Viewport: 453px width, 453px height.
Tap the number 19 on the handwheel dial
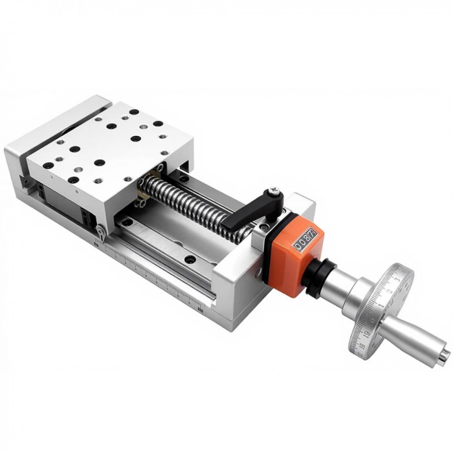[x=367, y=335]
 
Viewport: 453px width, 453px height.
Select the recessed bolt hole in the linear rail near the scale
[x=189, y=260]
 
